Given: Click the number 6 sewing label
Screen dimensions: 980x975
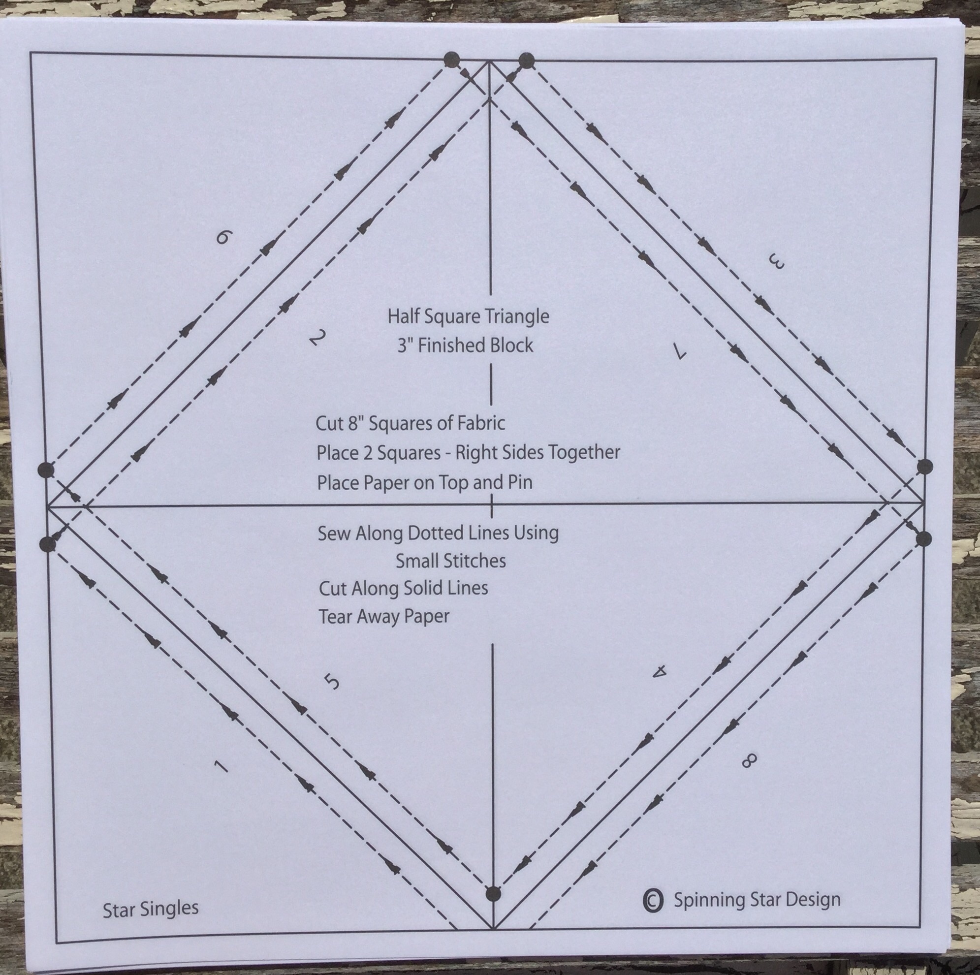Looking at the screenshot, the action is tap(223, 236).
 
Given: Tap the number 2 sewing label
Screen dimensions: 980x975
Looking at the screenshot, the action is tap(316, 337).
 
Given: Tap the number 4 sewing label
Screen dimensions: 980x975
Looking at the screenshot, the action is tap(660, 672).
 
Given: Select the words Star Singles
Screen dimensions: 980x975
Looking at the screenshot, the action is tap(151, 909).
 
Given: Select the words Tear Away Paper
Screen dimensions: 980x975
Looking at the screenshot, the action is tap(384, 616).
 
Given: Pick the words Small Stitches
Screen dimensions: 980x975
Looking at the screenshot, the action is tap(450, 561).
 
